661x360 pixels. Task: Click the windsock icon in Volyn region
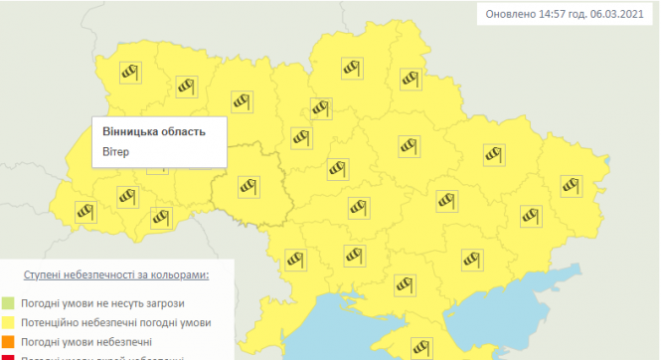point(127,72)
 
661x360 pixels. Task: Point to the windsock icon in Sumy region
point(410,77)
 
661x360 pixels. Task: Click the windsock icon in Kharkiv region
point(493,153)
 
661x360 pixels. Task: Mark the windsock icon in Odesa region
point(294,260)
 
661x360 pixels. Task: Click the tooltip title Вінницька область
point(154,131)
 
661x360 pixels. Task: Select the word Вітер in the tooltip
point(116,152)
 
